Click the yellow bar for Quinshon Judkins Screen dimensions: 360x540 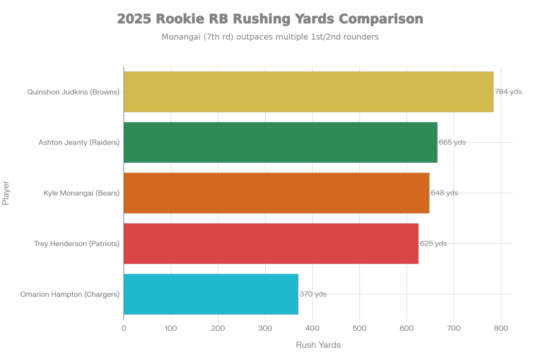[308, 92]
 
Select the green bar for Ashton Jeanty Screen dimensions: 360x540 [280, 142]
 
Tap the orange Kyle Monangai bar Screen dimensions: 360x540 [276, 193]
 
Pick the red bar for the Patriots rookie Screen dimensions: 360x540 [271, 243]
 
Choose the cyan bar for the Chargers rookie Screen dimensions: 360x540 [211, 294]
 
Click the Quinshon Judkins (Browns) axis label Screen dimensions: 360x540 [73, 92]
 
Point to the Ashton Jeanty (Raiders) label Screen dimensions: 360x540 [79, 143]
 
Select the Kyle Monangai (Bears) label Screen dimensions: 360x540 [81, 193]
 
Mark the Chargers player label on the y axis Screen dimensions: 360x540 [70, 294]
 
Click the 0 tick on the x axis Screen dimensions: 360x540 [124, 328]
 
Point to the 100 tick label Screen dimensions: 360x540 [171, 328]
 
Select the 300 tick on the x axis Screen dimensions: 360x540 [265, 328]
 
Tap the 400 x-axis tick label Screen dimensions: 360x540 [312, 328]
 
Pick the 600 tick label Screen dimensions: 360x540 [407, 328]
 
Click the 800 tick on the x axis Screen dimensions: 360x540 [501, 328]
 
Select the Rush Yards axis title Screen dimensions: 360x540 [318, 345]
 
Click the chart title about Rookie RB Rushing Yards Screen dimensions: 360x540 [270, 19]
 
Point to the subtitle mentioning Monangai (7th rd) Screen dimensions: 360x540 [270, 37]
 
